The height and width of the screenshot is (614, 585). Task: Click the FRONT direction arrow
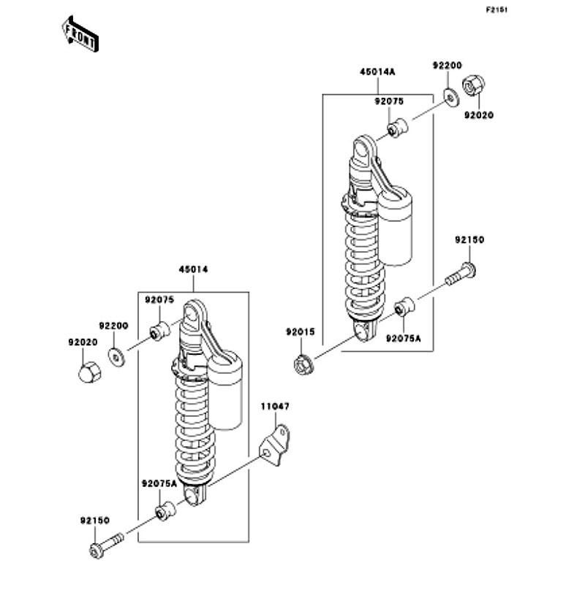[x=80, y=34]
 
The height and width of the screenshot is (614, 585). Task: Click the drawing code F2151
[x=497, y=9]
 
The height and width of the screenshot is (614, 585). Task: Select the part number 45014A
[x=377, y=72]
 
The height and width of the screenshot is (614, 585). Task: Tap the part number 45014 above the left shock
[x=193, y=269]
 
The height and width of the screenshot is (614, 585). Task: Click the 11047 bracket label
[x=275, y=407]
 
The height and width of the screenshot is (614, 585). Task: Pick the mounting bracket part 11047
[x=275, y=445]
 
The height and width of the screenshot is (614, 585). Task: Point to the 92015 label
[x=301, y=332]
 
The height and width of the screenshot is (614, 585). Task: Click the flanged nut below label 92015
[x=303, y=365]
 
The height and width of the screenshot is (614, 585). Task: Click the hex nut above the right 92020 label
[x=473, y=85]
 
